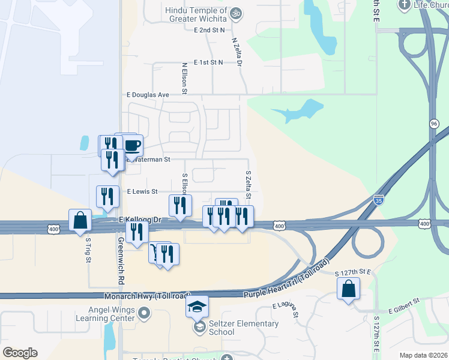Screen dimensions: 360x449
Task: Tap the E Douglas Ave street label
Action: pyautogui.click(x=147, y=95)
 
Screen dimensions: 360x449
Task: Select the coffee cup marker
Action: pyautogui.click(x=132, y=145)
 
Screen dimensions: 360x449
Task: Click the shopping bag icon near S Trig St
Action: pyautogui.click(x=80, y=221)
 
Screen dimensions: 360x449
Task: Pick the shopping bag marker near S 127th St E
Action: pyautogui.click(x=348, y=290)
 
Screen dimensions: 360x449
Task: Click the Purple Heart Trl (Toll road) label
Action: pyautogui.click(x=287, y=279)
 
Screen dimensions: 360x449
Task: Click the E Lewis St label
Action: pyautogui.click(x=142, y=191)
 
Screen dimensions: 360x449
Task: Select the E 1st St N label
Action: pyautogui.click(x=208, y=62)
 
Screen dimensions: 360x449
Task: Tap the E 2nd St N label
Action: pyautogui.click(x=209, y=29)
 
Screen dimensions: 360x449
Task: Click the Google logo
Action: pyautogui.click(x=20, y=353)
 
